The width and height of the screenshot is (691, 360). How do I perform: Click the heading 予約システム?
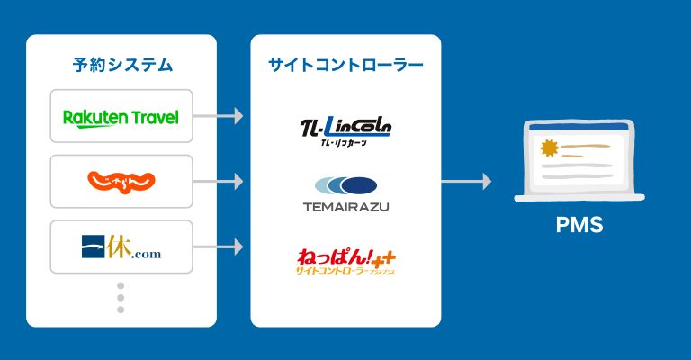point(121,65)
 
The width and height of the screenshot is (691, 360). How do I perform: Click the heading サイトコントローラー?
point(345,65)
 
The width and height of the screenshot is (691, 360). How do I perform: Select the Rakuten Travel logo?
point(121,117)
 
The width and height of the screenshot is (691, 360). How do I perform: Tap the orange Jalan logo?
point(121,181)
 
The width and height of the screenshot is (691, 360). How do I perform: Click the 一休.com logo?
point(121,247)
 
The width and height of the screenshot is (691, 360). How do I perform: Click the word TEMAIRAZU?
point(345,207)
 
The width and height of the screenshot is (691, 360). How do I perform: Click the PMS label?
point(579,225)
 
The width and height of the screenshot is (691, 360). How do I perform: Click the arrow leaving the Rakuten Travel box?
point(220,116)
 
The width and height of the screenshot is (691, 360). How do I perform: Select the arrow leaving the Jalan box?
point(220,181)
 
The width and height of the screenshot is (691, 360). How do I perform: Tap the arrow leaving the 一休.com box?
point(220,246)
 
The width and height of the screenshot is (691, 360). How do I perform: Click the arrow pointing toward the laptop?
point(467,181)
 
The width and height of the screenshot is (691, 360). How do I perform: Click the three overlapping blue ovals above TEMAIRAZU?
point(345,186)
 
